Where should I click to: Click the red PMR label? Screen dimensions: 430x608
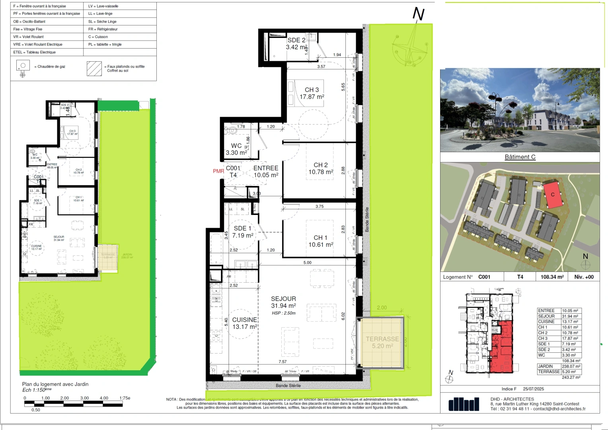[x=218, y=171]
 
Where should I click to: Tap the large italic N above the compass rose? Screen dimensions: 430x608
[x=418, y=14]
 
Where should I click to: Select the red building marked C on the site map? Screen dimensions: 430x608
[x=553, y=195]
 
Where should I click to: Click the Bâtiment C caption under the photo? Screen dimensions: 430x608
[x=520, y=157]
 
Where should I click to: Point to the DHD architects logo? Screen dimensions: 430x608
[x=464, y=404]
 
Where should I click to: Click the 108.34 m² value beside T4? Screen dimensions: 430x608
[x=552, y=277]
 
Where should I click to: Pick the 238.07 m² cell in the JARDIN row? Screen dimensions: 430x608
[x=571, y=366]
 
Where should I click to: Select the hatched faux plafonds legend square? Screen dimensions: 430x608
[x=94, y=68]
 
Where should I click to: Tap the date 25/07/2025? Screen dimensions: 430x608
[x=533, y=389]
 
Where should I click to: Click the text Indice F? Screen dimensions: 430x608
[x=509, y=389]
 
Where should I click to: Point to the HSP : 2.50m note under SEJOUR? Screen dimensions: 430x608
[x=284, y=313]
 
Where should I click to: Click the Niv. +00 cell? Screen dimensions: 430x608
[x=584, y=277]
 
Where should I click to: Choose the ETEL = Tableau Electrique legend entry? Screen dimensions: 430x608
[x=35, y=52]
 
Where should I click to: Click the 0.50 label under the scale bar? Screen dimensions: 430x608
[x=36, y=410]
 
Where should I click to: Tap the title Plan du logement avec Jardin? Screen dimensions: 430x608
[x=55, y=384]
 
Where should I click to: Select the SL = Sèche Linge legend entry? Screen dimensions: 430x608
[x=102, y=21]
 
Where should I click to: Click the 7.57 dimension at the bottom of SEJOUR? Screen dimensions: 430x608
[x=283, y=362]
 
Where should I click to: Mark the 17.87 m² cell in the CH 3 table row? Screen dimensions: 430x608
[x=570, y=338]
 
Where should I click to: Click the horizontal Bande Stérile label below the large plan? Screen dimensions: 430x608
[x=288, y=385]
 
